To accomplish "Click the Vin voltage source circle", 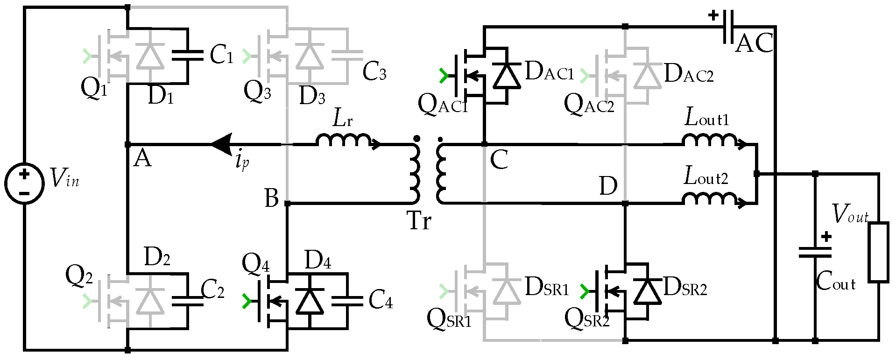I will click(24, 183).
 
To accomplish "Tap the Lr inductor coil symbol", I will click(344, 140).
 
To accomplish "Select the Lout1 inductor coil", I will click(710, 140).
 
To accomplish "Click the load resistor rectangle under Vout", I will click(878, 253).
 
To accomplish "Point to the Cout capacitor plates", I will click(815, 253).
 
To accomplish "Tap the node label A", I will click(142, 159).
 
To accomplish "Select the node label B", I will click(271, 198).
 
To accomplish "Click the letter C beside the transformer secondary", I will click(499, 160).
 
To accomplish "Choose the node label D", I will click(608, 186).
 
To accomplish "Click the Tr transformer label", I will click(419, 220).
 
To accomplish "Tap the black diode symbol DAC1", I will click(507, 76).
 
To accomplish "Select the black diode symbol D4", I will click(310, 301).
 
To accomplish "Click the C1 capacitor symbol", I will click(188, 56).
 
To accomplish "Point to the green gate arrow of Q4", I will click(247, 302).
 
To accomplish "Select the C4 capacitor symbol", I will click(347, 301).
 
